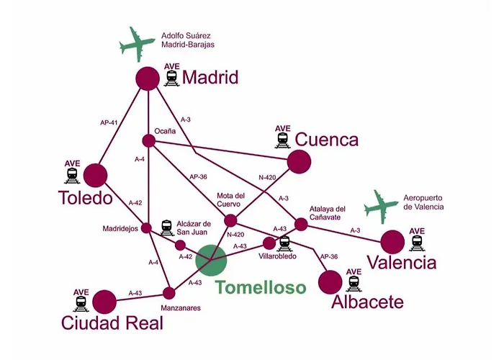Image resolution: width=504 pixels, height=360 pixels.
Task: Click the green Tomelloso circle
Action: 211,261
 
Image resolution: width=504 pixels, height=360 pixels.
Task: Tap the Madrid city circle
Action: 148,78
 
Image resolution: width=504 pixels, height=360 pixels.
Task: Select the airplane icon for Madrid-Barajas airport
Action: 138,45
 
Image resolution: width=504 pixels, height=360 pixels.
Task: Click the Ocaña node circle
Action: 149,141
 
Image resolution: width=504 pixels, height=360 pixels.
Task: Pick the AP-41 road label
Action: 109,122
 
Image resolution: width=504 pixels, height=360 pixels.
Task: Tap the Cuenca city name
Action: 327,140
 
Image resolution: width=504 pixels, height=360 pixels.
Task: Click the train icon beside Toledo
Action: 72,176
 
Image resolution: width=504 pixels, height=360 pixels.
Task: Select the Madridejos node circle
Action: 146,228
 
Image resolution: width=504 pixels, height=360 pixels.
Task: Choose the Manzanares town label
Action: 181,308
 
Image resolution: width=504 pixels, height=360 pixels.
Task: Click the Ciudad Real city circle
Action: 104,302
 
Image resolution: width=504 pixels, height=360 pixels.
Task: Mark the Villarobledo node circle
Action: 269,243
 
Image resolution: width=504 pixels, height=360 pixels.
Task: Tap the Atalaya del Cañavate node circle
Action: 301,225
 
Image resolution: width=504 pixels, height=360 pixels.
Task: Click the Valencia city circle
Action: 392,242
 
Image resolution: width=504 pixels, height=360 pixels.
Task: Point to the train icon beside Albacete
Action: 354,284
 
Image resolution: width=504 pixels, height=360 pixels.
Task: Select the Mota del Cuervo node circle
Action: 230,220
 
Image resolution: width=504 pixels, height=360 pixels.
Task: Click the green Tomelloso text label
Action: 261,287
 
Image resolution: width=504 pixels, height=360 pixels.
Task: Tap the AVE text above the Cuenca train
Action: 283,129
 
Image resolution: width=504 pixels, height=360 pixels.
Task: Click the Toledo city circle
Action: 96,175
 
